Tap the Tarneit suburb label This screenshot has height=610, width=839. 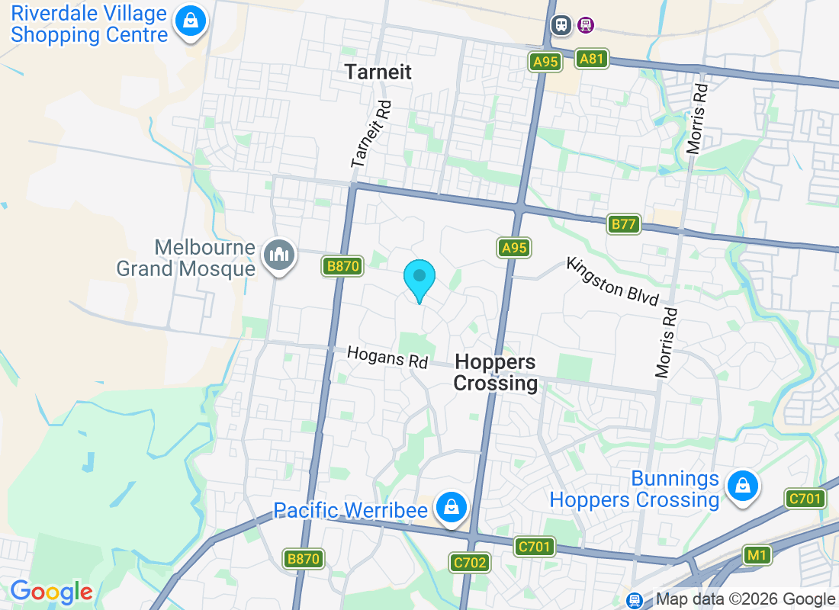tap(378, 72)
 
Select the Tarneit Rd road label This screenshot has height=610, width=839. tap(371, 135)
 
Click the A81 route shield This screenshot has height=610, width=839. tap(592, 59)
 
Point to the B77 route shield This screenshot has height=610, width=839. tap(624, 224)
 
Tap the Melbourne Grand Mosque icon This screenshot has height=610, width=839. tap(278, 256)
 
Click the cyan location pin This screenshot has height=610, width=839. tap(419, 280)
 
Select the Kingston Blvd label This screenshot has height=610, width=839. tap(612, 281)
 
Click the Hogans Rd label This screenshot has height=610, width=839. tap(387, 356)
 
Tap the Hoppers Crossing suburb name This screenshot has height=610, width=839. tap(495, 372)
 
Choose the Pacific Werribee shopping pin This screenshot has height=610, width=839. tap(452, 507)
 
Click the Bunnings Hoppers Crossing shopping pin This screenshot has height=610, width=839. tap(742, 486)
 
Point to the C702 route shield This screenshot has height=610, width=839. tap(468, 563)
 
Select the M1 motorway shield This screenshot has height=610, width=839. tap(757, 555)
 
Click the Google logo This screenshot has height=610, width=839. tap(51, 592)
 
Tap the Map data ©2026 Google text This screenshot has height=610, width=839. tap(745, 599)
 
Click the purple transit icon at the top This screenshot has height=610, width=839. tap(586, 24)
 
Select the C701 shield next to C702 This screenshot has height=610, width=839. tap(534, 546)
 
